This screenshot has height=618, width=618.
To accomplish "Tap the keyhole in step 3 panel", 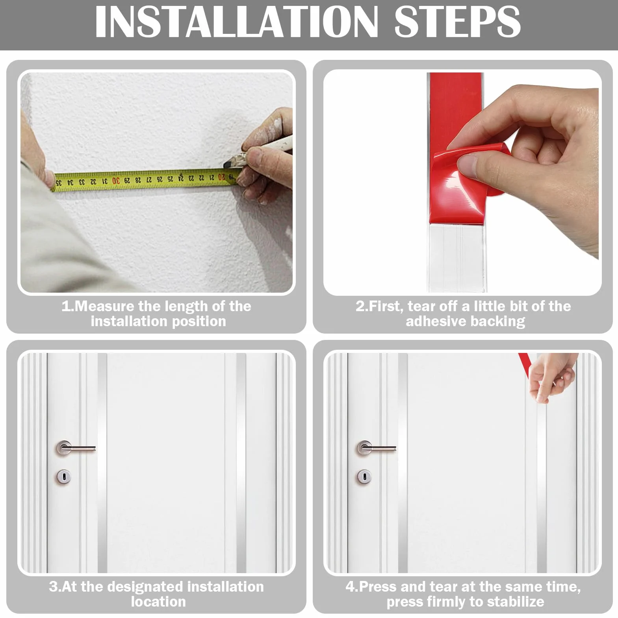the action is tap(63, 477).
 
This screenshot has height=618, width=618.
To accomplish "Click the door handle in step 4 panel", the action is tap(377, 448).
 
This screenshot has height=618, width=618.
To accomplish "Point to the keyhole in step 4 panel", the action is tap(364, 477).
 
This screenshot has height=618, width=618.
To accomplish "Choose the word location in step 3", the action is tap(158, 602).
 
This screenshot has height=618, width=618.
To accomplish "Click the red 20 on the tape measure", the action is tap(222, 177).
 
